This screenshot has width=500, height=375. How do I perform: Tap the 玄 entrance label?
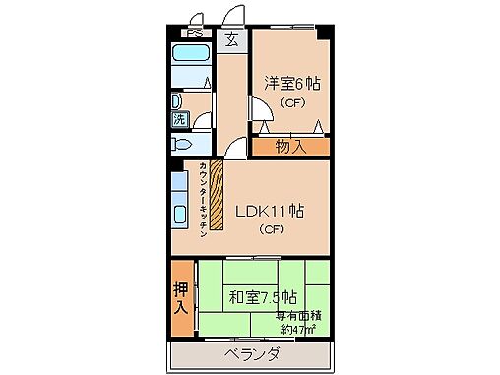(231, 40)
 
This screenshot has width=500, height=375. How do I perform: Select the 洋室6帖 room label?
(291, 85)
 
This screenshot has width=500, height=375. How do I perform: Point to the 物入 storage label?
(290, 147)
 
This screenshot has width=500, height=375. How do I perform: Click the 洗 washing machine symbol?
(180, 120)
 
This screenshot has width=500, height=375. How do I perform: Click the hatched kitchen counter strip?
(218, 196)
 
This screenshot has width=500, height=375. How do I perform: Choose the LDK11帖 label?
(268, 211)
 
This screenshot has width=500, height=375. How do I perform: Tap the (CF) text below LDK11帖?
(272, 231)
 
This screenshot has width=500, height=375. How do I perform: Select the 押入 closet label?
(181, 297)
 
